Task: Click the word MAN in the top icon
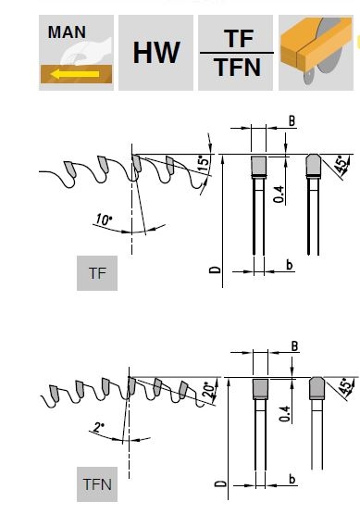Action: coord(67,31)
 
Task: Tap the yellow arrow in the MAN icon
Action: coord(75,74)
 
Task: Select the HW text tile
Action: coord(155,53)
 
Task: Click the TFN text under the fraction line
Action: coord(238,68)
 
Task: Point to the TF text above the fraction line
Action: coord(239,38)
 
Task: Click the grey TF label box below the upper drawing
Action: coord(97,273)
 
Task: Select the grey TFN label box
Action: coord(97,484)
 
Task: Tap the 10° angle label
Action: coord(104,220)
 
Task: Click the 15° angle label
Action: coord(205,164)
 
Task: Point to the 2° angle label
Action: coord(99,427)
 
